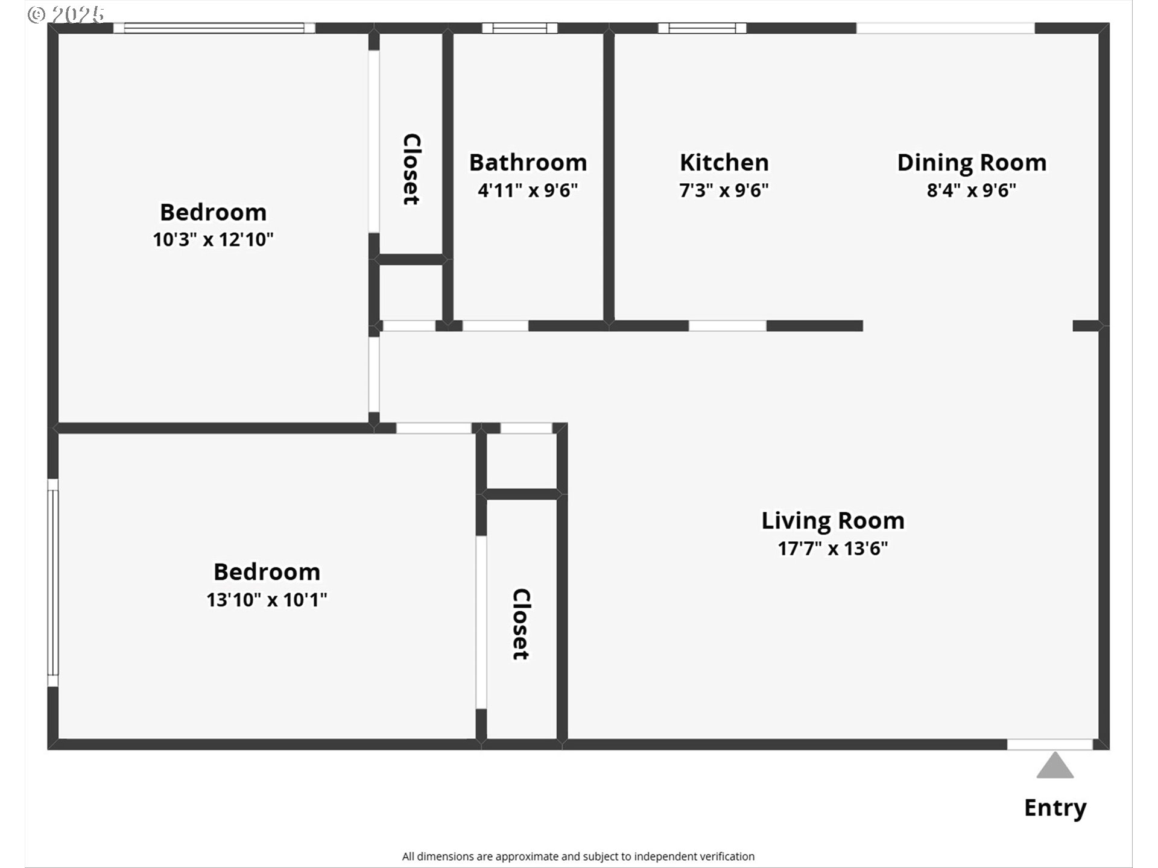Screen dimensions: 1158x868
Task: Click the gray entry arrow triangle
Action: (x=1055, y=766)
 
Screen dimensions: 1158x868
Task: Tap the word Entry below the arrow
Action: (x=1055, y=808)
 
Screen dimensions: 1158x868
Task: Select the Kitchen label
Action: (x=724, y=162)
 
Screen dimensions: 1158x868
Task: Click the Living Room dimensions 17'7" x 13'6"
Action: (x=833, y=548)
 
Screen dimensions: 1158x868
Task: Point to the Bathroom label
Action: (x=528, y=162)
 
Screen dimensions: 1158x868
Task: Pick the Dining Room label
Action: (x=972, y=163)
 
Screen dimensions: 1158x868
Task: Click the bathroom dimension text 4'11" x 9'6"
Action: (x=528, y=190)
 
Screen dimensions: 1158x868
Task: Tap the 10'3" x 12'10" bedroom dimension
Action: (x=213, y=239)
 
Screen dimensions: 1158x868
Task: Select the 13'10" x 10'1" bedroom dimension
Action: (x=267, y=600)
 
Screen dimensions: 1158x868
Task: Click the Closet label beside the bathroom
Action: (x=411, y=169)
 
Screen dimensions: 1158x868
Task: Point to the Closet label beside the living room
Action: (x=520, y=624)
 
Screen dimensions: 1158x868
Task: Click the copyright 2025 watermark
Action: (x=66, y=14)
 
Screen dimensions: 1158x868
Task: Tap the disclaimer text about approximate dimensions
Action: (x=578, y=857)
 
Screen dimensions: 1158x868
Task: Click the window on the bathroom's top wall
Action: (x=519, y=28)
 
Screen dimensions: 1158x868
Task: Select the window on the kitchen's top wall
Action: (x=702, y=28)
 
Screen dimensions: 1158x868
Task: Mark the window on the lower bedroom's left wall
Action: (x=53, y=583)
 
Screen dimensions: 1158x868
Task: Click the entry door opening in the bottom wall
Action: (x=1050, y=744)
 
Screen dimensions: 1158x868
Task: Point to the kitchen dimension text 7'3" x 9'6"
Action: (x=724, y=190)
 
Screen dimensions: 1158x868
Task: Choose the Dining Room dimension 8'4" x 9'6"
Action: (x=972, y=190)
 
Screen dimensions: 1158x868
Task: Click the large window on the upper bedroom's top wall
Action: (x=214, y=28)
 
